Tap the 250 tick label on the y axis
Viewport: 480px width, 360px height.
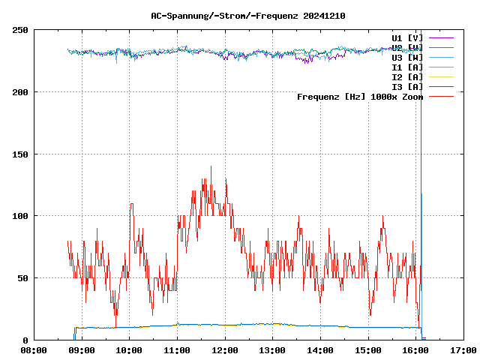pos(20,30)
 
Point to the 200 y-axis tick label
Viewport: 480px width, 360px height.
pos(20,92)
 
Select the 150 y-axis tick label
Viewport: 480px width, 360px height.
pos(20,154)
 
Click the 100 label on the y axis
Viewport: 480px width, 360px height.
pos(20,216)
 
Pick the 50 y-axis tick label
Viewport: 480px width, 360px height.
pos(22,278)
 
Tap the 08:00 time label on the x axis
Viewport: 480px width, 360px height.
pos(34,349)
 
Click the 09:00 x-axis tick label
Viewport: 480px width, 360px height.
pos(82,349)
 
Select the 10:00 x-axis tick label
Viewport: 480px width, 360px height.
pos(129,349)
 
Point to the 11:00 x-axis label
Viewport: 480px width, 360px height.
pos(177,349)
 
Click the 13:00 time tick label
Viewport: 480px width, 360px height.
pos(272,349)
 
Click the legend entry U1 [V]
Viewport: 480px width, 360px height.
pos(407,37)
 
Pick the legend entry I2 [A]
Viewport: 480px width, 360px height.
pos(407,77)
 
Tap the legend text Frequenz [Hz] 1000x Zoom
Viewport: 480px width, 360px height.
pos(360,97)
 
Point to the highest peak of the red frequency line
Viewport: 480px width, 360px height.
pos(211,167)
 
